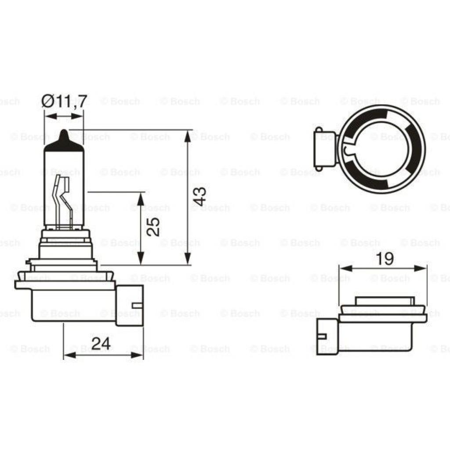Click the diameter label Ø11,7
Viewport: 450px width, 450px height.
(64, 102)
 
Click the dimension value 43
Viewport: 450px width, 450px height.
(199, 196)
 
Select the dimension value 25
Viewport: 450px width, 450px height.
(152, 226)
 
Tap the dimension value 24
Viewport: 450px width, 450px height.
(101, 343)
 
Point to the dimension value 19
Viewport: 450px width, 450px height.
(385, 259)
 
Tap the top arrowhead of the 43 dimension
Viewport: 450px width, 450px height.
(188, 136)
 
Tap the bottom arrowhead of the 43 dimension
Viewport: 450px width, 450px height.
(188, 259)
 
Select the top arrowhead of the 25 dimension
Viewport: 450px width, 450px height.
(140, 198)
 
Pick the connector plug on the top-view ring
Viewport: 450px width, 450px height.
(324, 149)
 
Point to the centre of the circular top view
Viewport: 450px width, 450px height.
(381, 149)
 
